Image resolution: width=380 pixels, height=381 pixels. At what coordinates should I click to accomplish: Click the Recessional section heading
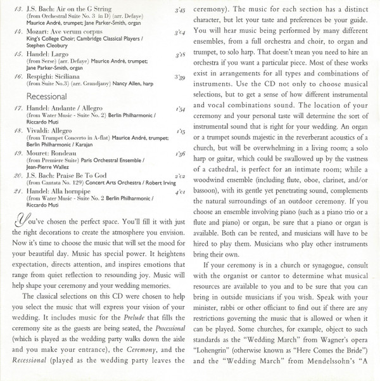(x=47, y=97)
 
